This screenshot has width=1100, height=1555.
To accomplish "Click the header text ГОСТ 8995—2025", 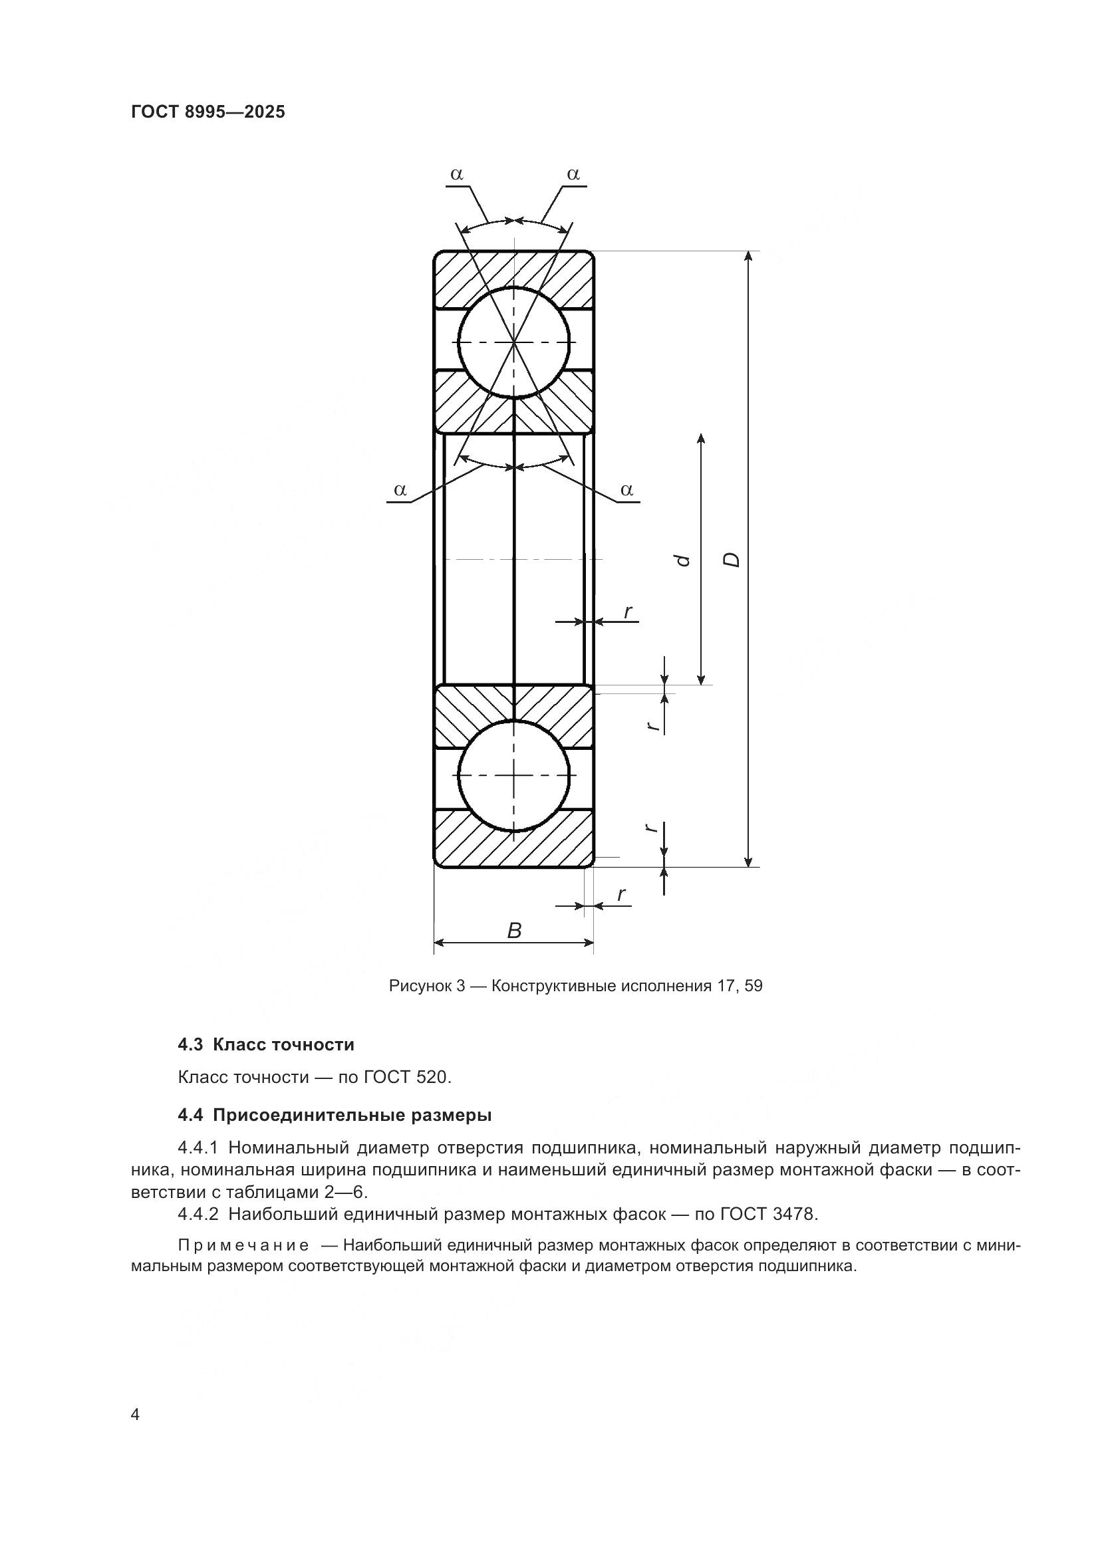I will tap(208, 112).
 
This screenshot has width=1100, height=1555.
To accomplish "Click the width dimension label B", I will tap(514, 931).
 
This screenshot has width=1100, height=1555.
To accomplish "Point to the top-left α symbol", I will tap(456, 175).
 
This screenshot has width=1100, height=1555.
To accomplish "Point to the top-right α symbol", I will tap(573, 175).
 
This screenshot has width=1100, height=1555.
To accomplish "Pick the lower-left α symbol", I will tap(400, 490).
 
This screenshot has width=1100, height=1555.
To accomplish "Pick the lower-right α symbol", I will tap(626, 490).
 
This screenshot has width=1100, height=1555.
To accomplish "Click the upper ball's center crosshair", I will tap(514, 342).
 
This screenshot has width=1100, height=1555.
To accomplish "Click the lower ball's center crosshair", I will tap(514, 775).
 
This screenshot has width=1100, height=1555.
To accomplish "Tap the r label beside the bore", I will tap(628, 612).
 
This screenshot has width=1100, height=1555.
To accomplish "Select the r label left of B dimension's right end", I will tap(621, 895).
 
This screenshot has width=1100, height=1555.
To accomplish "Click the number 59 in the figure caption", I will tap(754, 986).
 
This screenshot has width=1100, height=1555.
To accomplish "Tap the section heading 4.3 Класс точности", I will tap(265, 1044).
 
